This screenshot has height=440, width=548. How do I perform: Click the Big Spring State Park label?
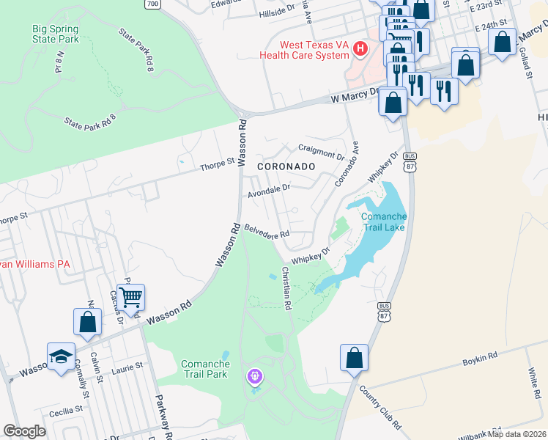[56, 34]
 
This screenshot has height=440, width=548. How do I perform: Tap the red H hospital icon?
[360, 49]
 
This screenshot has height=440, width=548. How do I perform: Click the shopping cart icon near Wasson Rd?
[130, 297]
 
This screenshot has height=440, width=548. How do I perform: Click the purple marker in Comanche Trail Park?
[254, 377]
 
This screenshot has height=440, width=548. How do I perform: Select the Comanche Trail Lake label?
[383, 221]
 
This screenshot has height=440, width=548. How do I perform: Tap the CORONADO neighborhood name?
[286, 166]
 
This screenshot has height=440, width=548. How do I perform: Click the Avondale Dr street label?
[269, 191]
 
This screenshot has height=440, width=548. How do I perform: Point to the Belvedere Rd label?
[267, 232]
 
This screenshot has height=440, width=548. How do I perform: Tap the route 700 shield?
[152, 4]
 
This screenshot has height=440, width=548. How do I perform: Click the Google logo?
[24, 431]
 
